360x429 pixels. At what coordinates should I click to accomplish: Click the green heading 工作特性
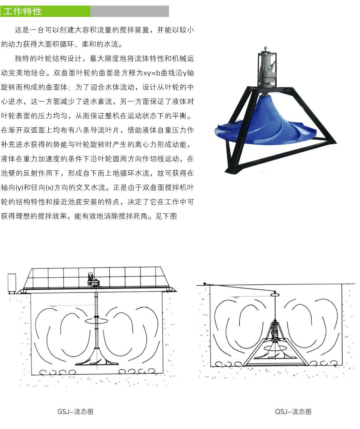tap(23, 11)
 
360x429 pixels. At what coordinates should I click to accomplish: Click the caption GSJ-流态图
tap(75, 411)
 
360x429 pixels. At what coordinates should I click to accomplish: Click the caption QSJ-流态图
tap(293, 411)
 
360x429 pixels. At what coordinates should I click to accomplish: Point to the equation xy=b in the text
tap(151, 73)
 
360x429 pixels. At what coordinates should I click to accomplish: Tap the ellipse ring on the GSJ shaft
tap(96, 321)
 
